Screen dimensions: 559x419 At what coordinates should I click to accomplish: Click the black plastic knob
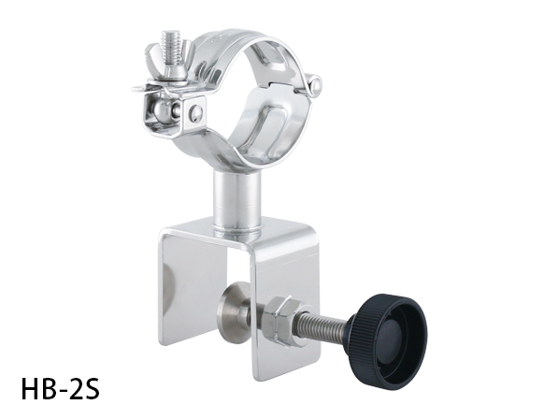click(388, 337)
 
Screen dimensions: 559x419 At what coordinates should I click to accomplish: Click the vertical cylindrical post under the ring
click(237, 201)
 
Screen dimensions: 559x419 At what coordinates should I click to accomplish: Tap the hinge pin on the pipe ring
click(315, 84)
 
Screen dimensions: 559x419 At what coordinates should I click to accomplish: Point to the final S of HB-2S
click(93, 389)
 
